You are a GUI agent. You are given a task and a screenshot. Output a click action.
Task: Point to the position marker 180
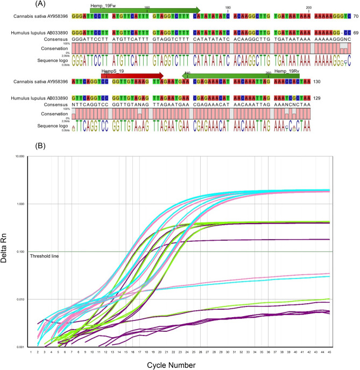click(228, 8)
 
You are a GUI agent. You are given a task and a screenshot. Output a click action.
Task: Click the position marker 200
click(308, 8)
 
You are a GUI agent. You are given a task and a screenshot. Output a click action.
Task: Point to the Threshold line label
click(44, 256)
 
